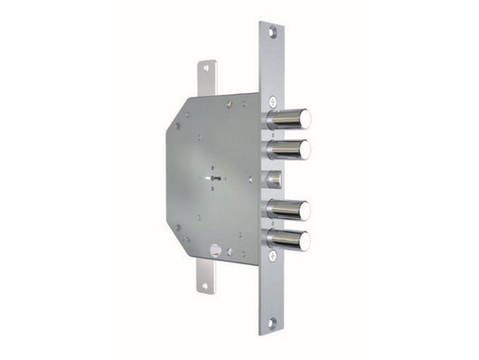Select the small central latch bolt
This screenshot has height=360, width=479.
[x=275, y=177]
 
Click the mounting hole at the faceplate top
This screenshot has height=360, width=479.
[x=270, y=33]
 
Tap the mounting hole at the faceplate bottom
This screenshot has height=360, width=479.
[x=270, y=321]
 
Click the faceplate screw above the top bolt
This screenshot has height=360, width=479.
[x=271, y=98]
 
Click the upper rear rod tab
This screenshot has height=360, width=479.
[x=208, y=78]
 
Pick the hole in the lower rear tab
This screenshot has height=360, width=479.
[x=205, y=286]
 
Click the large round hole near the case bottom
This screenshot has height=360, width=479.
[x=216, y=249]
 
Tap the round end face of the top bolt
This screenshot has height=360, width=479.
[x=304, y=118]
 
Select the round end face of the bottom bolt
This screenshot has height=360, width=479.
[x=304, y=241]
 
